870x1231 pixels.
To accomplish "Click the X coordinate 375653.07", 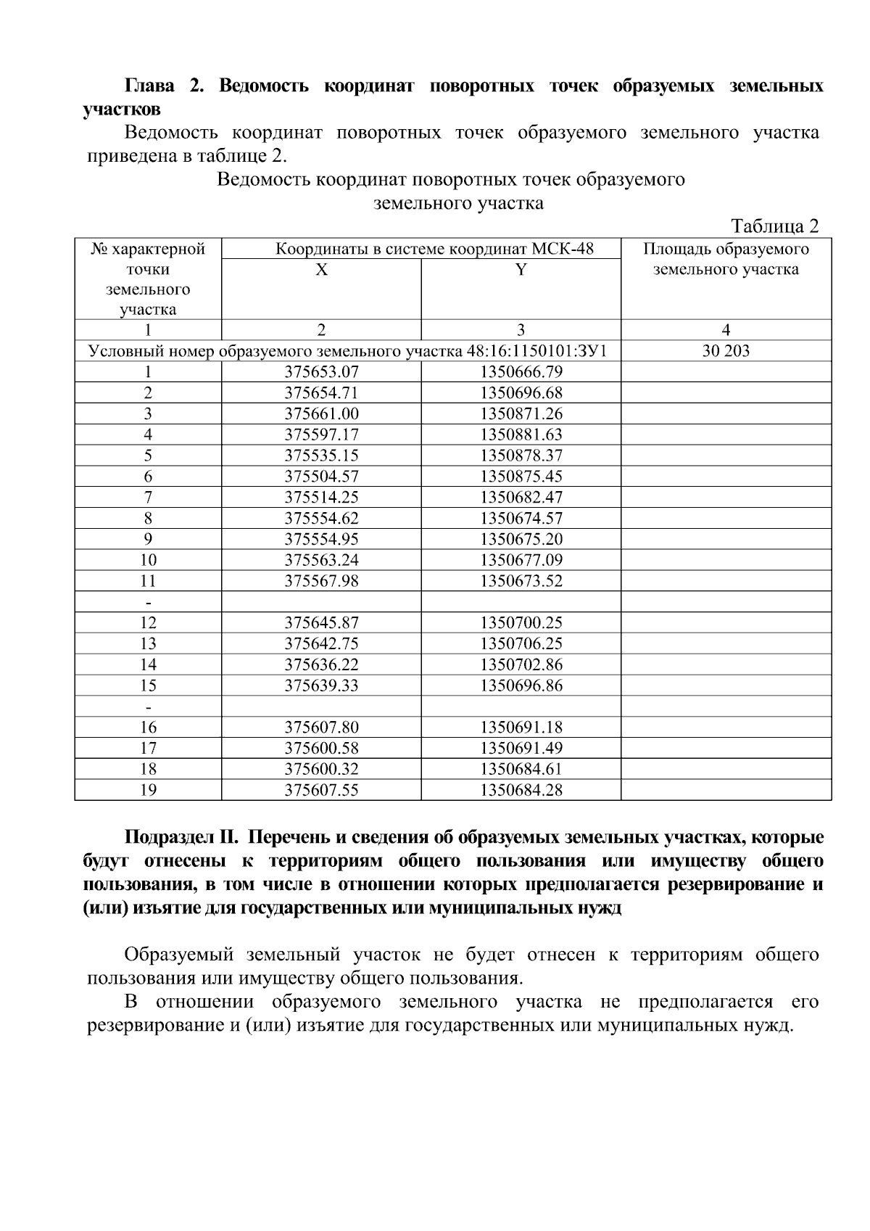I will click(x=321, y=372).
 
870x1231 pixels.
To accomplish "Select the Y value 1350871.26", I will click(x=521, y=414).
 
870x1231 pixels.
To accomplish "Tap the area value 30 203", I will click(x=726, y=351).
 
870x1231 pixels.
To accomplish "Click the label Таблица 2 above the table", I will click(x=774, y=226).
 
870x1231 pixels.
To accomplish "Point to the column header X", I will click(x=321, y=270).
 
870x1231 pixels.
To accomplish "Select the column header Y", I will click(x=521, y=270).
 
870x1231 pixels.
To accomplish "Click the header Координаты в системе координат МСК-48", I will click(x=434, y=250).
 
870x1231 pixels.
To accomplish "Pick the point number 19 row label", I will click(x=148, y=790).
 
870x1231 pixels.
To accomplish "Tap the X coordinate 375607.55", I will click(x=321, y=790).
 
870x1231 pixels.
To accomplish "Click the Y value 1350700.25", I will click(x=521, y=622).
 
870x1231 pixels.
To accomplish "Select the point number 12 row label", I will click(x=148, y=622).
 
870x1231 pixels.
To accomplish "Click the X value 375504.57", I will click(x=321, y=477).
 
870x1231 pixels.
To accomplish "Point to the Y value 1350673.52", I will click(x=521, y=581).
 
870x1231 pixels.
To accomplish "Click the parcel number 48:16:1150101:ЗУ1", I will click(x=536, y=352).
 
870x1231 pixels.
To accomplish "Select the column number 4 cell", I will click(x=726, y=330).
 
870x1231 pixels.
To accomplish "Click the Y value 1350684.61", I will click(x=521, y=769).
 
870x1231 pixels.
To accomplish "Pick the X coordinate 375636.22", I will click(x=321, y=664).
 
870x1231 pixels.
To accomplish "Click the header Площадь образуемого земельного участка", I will click(x=726, y=260).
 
